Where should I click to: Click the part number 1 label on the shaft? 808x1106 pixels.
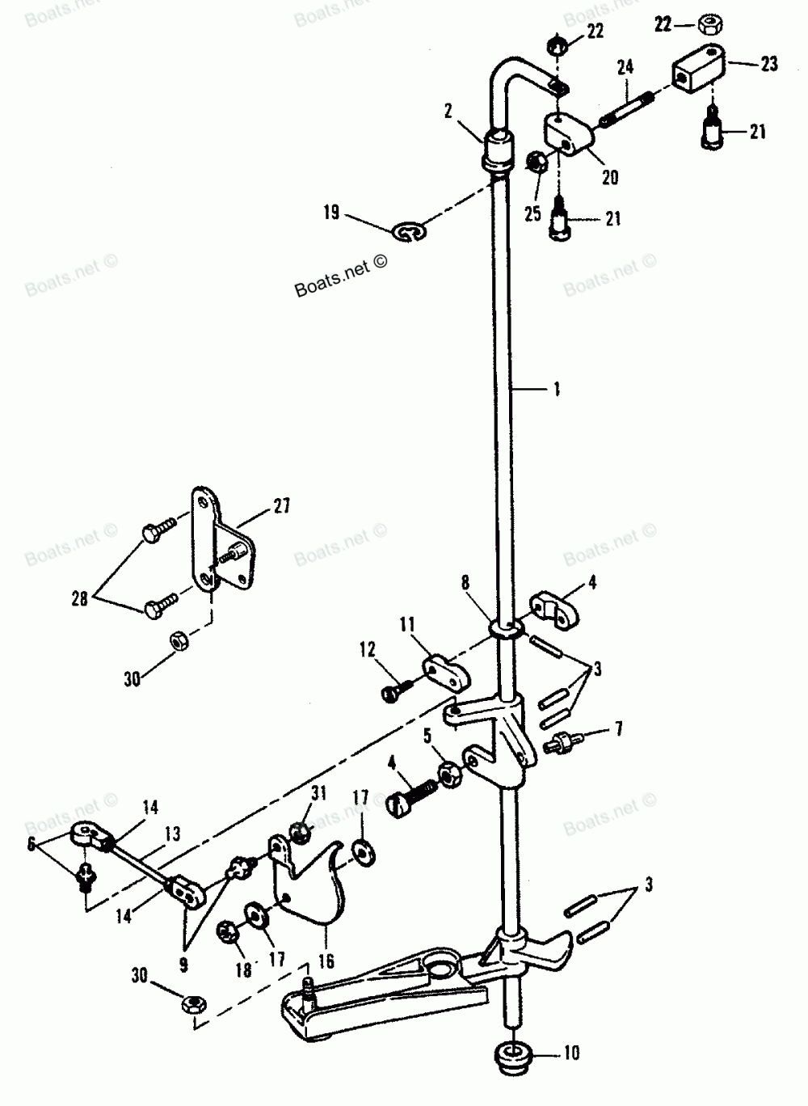[556, 390]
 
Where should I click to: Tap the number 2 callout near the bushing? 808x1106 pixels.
[448, 112]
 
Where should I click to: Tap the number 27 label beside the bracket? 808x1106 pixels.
[281, 507]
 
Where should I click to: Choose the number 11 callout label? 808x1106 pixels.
[406, 624]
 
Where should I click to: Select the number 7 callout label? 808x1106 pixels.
[618, 731]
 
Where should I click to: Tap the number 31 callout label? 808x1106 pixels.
[318, 793]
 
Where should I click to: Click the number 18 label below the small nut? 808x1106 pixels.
[243, 970]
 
